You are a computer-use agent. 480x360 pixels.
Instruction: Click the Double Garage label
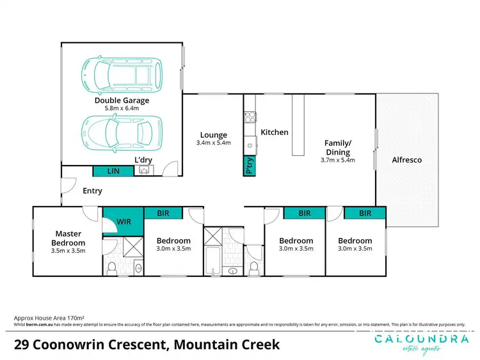tap(122, 100)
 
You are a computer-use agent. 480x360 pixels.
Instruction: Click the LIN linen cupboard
tap(113, 171)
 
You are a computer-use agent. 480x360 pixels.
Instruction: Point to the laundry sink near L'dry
tap(144, 170)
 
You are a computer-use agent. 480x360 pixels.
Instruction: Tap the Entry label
tap(92, 191)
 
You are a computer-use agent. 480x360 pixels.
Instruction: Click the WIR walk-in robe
tap(124, 221)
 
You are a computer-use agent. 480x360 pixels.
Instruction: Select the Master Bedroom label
tap(69, 238)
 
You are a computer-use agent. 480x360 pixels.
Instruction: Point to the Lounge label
tap(213, 135)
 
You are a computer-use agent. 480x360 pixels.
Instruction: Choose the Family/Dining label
tap(337, 148)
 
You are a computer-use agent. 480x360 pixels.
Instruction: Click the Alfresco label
tap(407, 160)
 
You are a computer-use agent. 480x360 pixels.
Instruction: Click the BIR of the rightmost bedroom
tap(365, 213)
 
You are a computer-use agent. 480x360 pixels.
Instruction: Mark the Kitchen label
tap(275, 132)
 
